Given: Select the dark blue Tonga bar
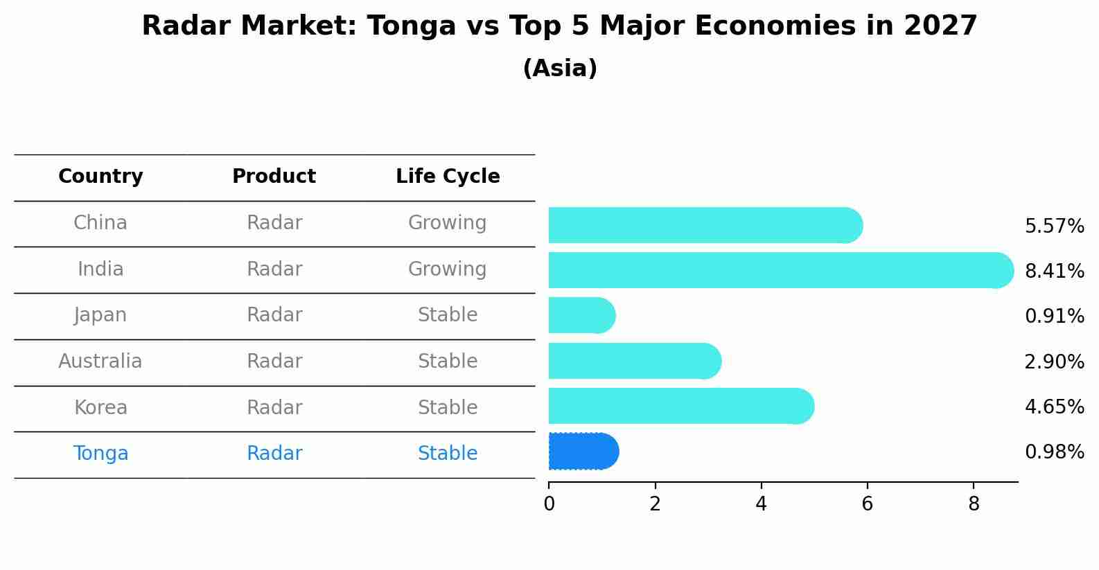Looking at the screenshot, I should coord(583,452).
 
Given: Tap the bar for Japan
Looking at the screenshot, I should coord(581,316).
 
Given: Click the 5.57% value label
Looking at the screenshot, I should coord(1054,226).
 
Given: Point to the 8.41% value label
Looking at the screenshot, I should coord(1054,271).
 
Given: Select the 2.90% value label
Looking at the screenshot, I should coord(1054,362).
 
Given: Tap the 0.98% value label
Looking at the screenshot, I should coord(1054,452).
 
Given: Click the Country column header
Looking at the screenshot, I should coord(100,177).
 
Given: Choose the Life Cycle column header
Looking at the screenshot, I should coord(448,177).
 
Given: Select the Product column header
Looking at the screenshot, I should coord(274,177).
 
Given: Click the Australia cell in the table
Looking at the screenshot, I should coord(100,362).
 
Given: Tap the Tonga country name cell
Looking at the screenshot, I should coord(100,454).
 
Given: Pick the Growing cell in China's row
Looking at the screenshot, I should coord(447,223).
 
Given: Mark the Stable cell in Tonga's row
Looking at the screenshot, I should coord(447,454).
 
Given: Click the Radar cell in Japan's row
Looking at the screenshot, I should coord(274,315).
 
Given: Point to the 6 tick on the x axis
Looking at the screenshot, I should coord(867,504).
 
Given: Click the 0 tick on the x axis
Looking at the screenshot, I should coord(549,504).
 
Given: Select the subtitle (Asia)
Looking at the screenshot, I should coord(560,69).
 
